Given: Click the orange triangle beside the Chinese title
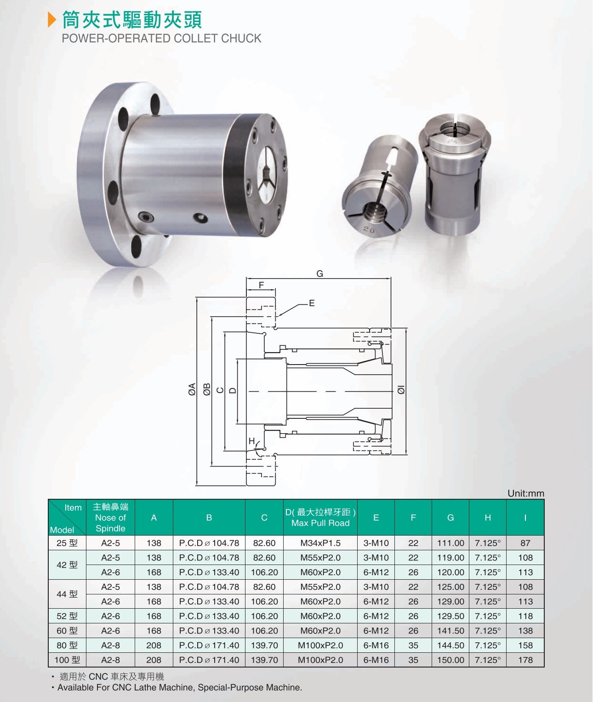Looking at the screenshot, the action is (x=51, y=19).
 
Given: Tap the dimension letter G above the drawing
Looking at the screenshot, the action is (x=319, y=274).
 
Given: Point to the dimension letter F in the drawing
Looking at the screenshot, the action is (x=261, y=285).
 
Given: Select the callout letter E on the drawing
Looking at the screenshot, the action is (x=312, y=303).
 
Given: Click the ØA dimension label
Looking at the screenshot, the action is (x=192, y=389).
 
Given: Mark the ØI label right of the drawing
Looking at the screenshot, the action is (x=401, y=389).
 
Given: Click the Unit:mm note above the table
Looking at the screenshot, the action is (x=526, y=493).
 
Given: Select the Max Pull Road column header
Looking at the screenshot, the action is (x=320, y=523).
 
